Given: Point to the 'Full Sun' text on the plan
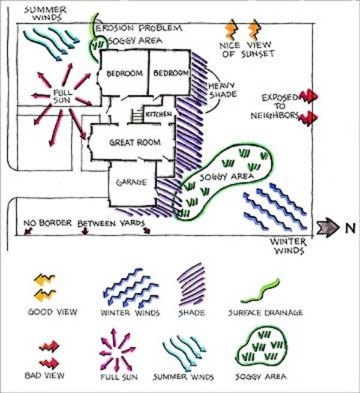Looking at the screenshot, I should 62,97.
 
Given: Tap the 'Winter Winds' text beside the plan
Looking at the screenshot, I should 289,247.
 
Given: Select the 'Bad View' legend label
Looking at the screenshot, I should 46,376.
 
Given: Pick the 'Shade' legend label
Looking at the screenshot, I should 193,313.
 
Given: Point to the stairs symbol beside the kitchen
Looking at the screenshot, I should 136,113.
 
